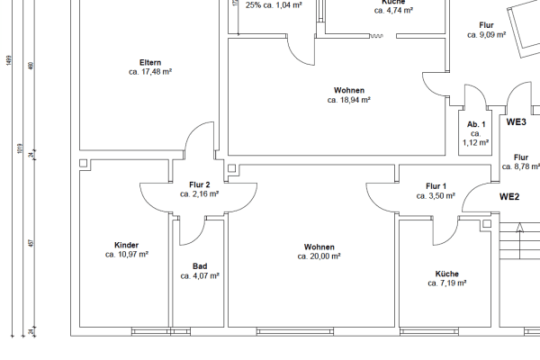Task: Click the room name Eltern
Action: pos(150,61)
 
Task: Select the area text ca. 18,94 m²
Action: pos(349,101)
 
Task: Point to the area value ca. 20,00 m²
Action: pos(319,256)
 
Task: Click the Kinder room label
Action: pos(126,245)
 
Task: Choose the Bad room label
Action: pos(200,266)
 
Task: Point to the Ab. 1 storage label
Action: pos(476,124)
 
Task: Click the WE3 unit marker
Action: pos(516,121)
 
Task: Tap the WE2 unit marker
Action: pos(510,196)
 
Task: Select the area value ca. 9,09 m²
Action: pos(486,35)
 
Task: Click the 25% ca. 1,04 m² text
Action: pos(274,5)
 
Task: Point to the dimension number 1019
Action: pos(19,148)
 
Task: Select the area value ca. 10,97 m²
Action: pos(126,255)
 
